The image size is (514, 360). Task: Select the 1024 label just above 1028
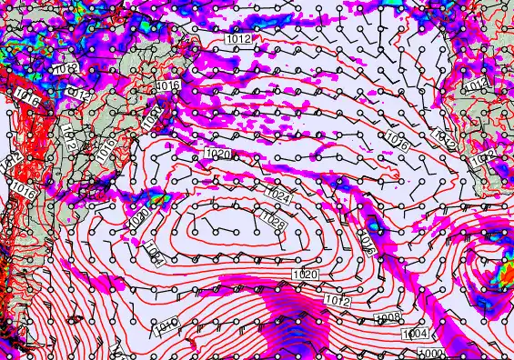tap(277, 195)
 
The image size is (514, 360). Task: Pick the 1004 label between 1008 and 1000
tap(415, 335)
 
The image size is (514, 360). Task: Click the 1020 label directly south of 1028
tap(305, 275)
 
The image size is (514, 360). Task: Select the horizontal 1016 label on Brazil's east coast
tap(167, 85)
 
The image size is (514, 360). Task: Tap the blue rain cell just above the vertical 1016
tap(373, 220)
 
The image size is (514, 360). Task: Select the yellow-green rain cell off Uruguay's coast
tap(158, 197)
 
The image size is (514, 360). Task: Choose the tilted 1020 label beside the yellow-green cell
tap(137, 218)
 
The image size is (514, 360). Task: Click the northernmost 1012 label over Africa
tap(474, 85)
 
